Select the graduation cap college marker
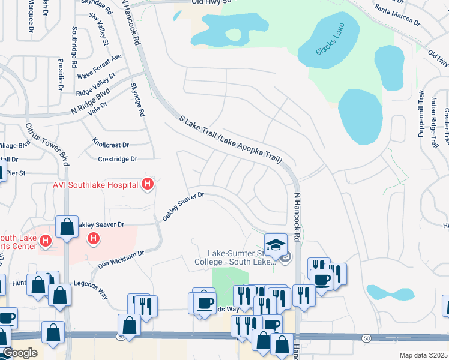point(276,244)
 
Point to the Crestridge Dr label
point(118,159)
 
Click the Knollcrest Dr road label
point(111,145)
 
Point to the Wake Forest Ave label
point(100,66)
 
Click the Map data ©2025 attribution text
point(424,355)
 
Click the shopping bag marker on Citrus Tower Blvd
point(66,227)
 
